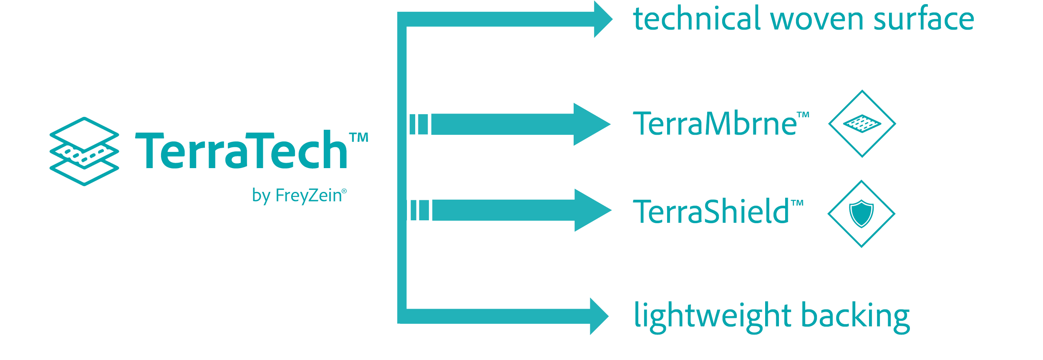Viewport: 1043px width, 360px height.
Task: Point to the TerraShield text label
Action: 709,211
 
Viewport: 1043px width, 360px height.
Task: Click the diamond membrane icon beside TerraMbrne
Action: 862,123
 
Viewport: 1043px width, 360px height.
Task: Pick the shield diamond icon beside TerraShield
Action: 862,214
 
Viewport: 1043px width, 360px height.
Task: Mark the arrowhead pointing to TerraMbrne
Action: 590,124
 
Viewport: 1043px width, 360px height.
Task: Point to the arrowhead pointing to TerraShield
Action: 592,210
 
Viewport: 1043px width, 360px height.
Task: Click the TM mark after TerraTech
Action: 358,138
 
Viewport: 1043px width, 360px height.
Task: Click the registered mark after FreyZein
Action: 344,190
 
